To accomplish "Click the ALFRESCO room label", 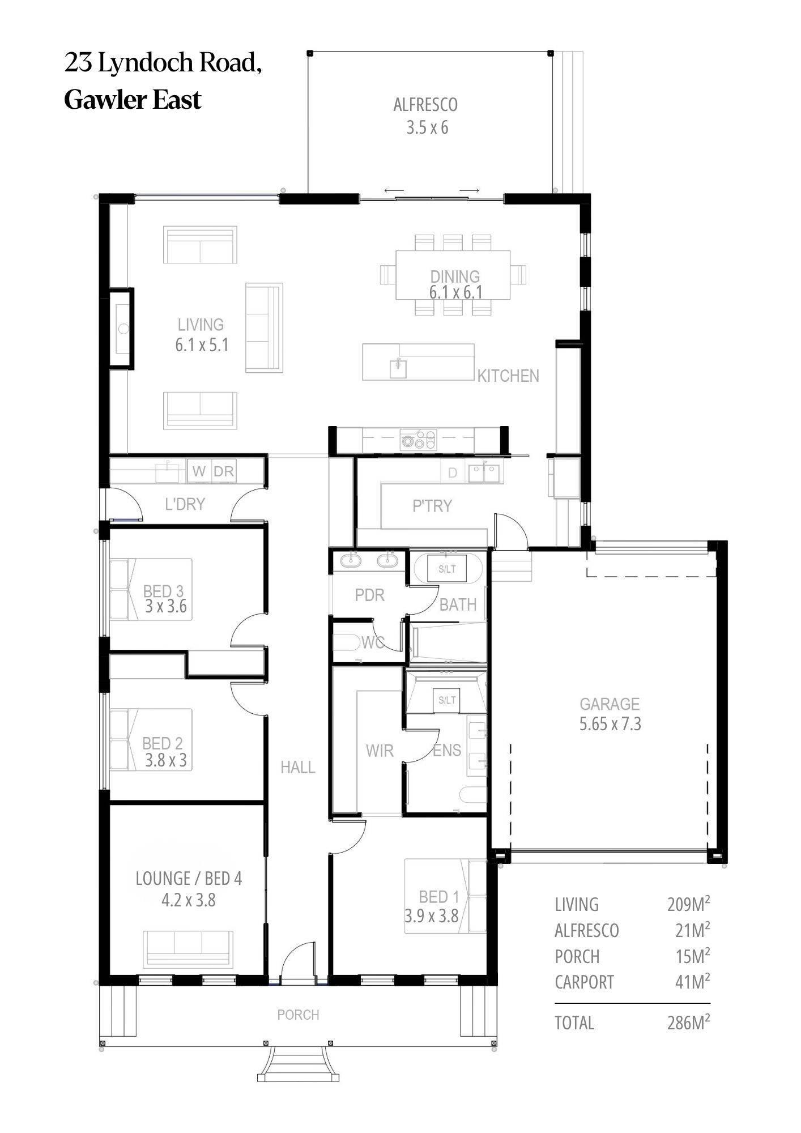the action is tap(425, 105).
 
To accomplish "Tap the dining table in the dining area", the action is tap(453, 275).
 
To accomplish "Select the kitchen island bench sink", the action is tap(398, 368).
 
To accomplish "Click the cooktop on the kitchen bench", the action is tap(419, 440).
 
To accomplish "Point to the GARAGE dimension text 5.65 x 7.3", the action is tap(610, 724).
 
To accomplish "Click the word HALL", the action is tap(298, 768).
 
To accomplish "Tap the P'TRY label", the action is tap(432, 505).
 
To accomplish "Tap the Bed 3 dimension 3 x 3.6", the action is tap(165, 607).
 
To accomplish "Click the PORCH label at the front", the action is tap(298, 1015).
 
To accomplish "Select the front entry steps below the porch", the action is tap(299, 1063).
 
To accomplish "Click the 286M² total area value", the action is tap(688, 1023).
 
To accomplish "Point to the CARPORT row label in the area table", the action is tap(584, 982).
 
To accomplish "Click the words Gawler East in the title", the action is tap(133, 100).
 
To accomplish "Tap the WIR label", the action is tap(380, 751).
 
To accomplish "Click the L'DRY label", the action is tap(185, 504).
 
